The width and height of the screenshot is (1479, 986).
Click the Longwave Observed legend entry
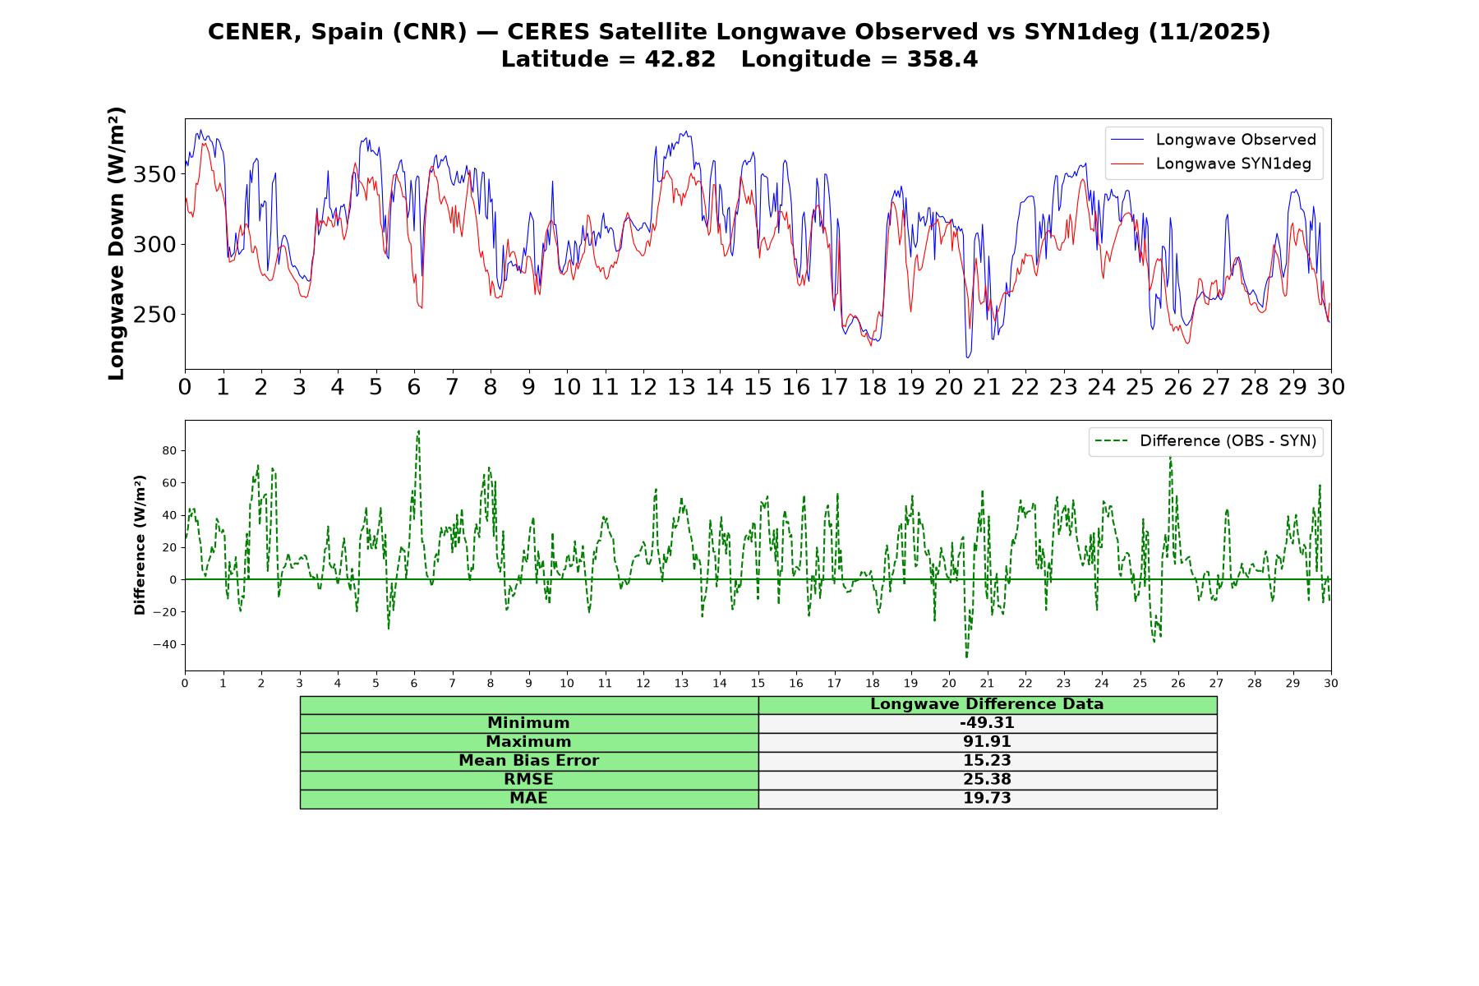(x=1213, y=140)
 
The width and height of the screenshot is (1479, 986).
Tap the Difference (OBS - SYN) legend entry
(x=1205, y=441)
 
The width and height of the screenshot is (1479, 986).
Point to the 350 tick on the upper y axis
(x=154, y=174)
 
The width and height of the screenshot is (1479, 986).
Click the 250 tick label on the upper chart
(x=154, y=315)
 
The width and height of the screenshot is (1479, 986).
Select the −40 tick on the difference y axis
(x=165, y=644)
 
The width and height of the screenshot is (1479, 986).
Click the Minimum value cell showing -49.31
(x=987, y=723)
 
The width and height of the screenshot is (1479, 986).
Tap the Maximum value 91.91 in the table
(x=987, y=742)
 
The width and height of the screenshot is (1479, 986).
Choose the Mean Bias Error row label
(x=528, y=761)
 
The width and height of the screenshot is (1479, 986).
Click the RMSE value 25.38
(x=987, y=780)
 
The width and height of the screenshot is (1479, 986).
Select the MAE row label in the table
(x=528, y=799)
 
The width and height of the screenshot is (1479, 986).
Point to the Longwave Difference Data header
(x=987, y=704)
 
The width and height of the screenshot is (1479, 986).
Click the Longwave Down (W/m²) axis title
(x=116, y=243)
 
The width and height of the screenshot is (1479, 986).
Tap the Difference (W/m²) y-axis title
(x=140, y=545)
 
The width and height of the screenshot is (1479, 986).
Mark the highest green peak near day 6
(x=418, y=431)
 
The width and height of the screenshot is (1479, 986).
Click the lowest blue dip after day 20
(x=968, y=357)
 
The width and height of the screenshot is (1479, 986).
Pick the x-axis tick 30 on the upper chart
(x=1331, y=386)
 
